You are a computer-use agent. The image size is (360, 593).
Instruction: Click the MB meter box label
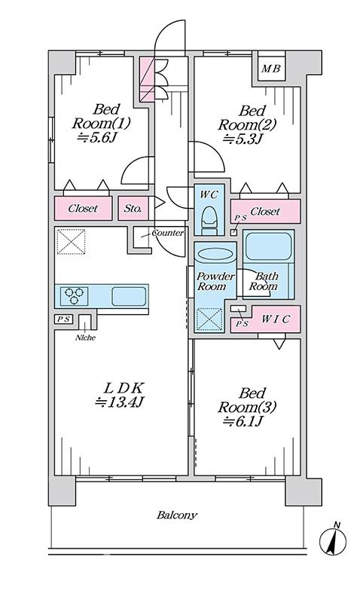(x=271, y=69)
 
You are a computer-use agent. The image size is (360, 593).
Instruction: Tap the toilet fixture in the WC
(x=209, y=219)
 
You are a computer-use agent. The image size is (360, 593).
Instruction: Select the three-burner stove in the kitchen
(x=74, y=295)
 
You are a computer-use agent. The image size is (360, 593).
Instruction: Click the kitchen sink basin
(x=129, y=296)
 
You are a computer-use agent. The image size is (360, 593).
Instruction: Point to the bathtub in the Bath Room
(x=268, y=246)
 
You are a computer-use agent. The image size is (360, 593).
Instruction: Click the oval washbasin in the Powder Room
(x=215, y=254)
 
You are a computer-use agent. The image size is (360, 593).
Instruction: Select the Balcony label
(x=177, y=515)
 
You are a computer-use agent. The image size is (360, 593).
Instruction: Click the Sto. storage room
(x=133, y=209)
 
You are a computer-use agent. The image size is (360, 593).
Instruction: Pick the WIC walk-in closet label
(x=276, y=319)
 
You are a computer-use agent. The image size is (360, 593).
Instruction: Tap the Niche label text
(x=85, y=338)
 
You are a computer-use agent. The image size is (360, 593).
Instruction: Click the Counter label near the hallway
(x=168, y=233)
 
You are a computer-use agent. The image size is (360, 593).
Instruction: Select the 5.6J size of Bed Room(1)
(x=96, y=139)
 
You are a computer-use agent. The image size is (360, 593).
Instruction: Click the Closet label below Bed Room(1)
(x=83, y=209)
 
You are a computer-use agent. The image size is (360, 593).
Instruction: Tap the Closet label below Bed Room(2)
(x=265, y=212)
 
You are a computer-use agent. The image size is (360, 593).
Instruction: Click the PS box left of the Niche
(x=64, y=319)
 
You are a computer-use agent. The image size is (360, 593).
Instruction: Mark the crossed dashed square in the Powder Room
(x=210, y=319)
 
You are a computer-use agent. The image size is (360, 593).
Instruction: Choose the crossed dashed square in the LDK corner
(x=71, y=241)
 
